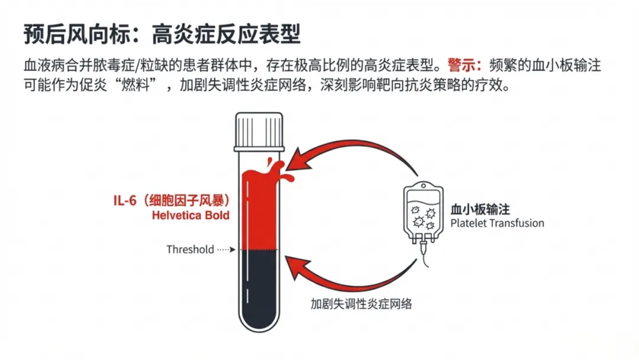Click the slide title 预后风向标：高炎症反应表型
tap(162, 34)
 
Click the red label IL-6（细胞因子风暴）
tap(172, 201)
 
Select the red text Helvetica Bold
tap(191, 216)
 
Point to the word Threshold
tap(190, 249)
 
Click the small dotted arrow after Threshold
tap(226, 249)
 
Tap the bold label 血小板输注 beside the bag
tap(480, 210)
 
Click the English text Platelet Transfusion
tap(497, 223)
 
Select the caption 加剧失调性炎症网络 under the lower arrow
tap(361, 304)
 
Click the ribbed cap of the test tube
tap(259, 132)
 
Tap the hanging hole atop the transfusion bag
tap(424, 186)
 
